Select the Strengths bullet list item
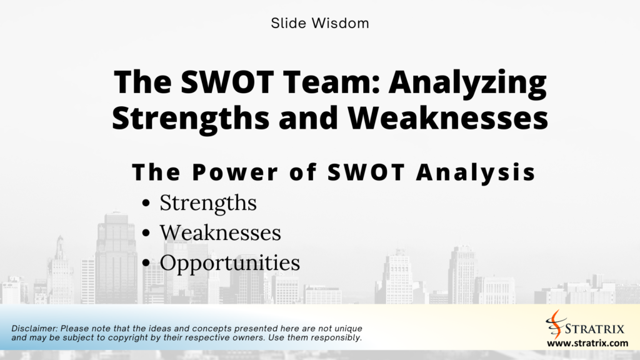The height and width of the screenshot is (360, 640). point(208,202)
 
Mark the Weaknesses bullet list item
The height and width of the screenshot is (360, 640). point(220,232)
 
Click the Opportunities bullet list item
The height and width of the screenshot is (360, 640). point(229,263)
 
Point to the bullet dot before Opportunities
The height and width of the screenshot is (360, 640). point(146,264)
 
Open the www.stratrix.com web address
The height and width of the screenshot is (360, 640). point(587,343)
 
